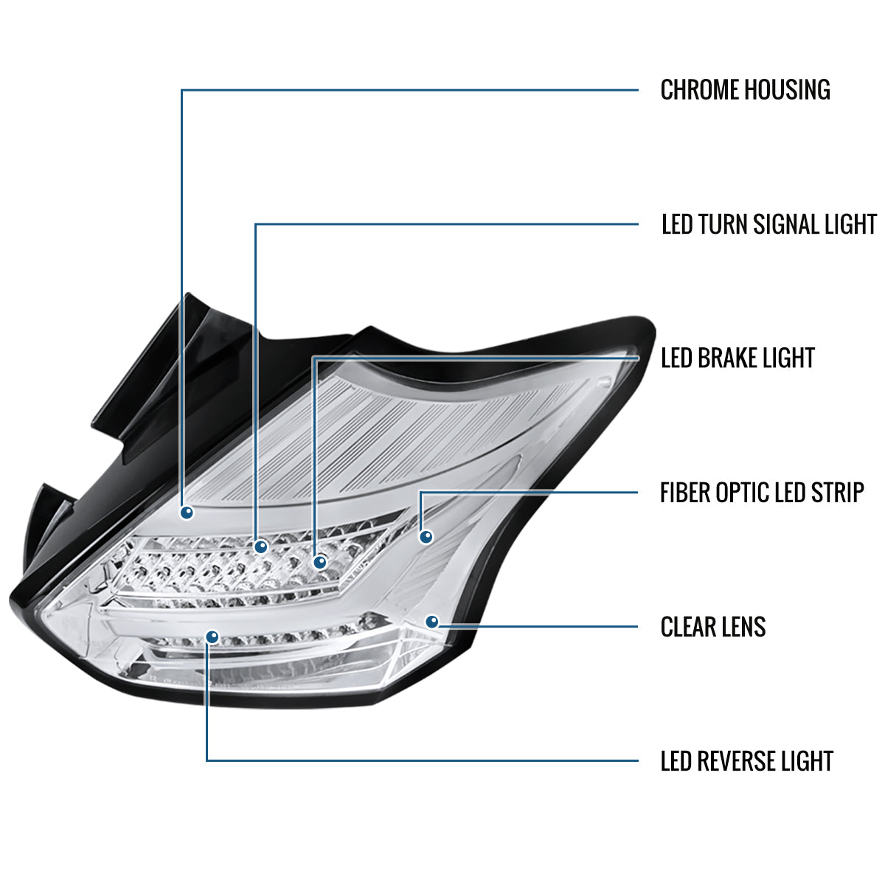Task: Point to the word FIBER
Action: tap(686, 493)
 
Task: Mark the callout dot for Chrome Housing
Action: tap(187, 512)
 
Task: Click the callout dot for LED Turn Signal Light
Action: tap(260, 546)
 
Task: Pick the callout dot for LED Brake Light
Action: tap(320, 563)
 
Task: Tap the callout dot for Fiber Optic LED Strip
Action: tap(426, 536)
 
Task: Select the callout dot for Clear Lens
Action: tap(432, 622)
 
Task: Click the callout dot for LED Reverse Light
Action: tap(212, 636)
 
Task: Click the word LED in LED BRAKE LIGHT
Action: tap(676, 358)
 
